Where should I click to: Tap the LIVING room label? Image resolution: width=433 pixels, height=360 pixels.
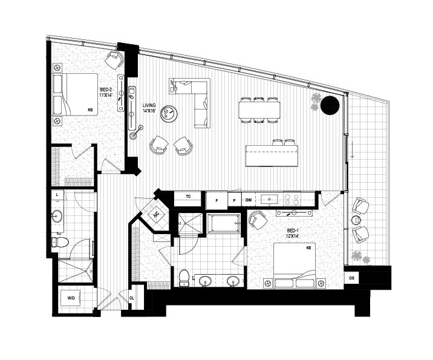click(149, 108)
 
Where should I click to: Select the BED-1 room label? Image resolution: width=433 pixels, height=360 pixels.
click(293, 233)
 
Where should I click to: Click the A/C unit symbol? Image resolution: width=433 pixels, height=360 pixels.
click(156, 214)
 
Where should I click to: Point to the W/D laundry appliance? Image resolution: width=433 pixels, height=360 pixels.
click(71, 298)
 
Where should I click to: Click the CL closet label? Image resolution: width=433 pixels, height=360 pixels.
click(132, 298)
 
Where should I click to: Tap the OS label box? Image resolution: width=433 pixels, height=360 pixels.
click(351, 278)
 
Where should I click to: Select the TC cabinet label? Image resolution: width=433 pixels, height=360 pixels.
click(188, 197)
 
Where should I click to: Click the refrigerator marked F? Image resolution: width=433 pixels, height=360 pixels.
click(217, 201)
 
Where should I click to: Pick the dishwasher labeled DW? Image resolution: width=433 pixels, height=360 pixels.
click(249, 200)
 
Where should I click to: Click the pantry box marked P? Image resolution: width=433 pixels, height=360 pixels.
click(235, 201)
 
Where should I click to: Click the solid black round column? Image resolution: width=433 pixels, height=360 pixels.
click(330, 105)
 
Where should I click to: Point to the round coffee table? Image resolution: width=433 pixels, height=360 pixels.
click(169, 114)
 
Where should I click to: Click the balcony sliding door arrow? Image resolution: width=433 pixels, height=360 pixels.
click(352, 149)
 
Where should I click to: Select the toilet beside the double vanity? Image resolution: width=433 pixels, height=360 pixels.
click(184, 278)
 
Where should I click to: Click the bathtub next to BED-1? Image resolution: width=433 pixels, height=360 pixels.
click(223, 223)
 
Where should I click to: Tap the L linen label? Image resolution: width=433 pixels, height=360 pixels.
click(57, 194)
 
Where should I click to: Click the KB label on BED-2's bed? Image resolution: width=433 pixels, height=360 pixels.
click(90, 110)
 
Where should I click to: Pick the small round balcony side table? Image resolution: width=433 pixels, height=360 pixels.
click(356, 220)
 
